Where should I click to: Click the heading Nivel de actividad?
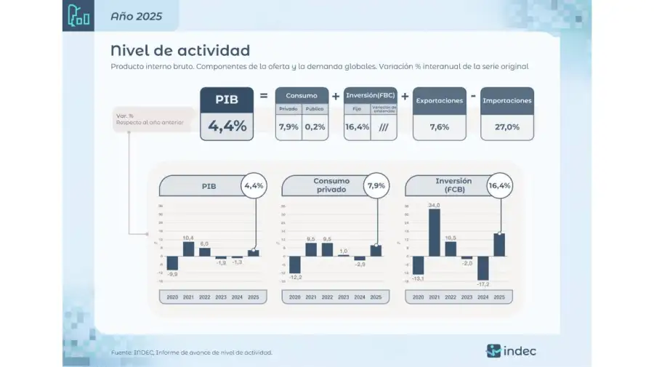pos(180,50)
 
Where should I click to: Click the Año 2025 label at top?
pos(136,15)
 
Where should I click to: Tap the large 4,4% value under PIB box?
pos(227,126)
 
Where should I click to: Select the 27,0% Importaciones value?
pos(506,126)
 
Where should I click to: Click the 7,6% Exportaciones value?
pos(439,126)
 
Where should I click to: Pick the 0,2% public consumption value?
pos(315,126)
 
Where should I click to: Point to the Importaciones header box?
pos(506,100)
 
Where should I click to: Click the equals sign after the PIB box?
pos(264,95)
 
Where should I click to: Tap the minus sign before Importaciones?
pos(473,95)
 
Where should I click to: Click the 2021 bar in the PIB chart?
pos(188,249)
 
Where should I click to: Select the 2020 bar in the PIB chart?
pos(172,263)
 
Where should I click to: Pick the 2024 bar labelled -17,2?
pos(483,269)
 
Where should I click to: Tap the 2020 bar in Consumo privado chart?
pos(295,265)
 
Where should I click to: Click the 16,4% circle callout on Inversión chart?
pos(499,186)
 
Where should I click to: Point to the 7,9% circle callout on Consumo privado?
pos(376,186)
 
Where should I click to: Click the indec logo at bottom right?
pos(511,351)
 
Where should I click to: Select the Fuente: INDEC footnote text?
pos(192,352)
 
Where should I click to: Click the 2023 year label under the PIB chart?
pos(221,297)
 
